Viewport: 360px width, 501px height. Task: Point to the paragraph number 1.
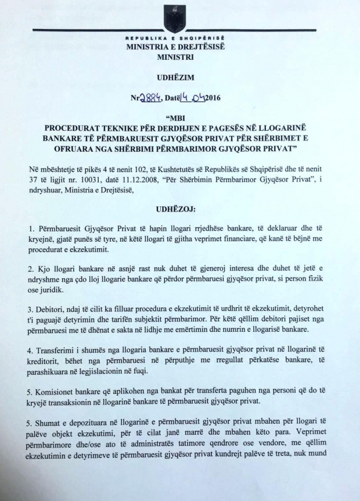pyautogui.click(x=30, y=225)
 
